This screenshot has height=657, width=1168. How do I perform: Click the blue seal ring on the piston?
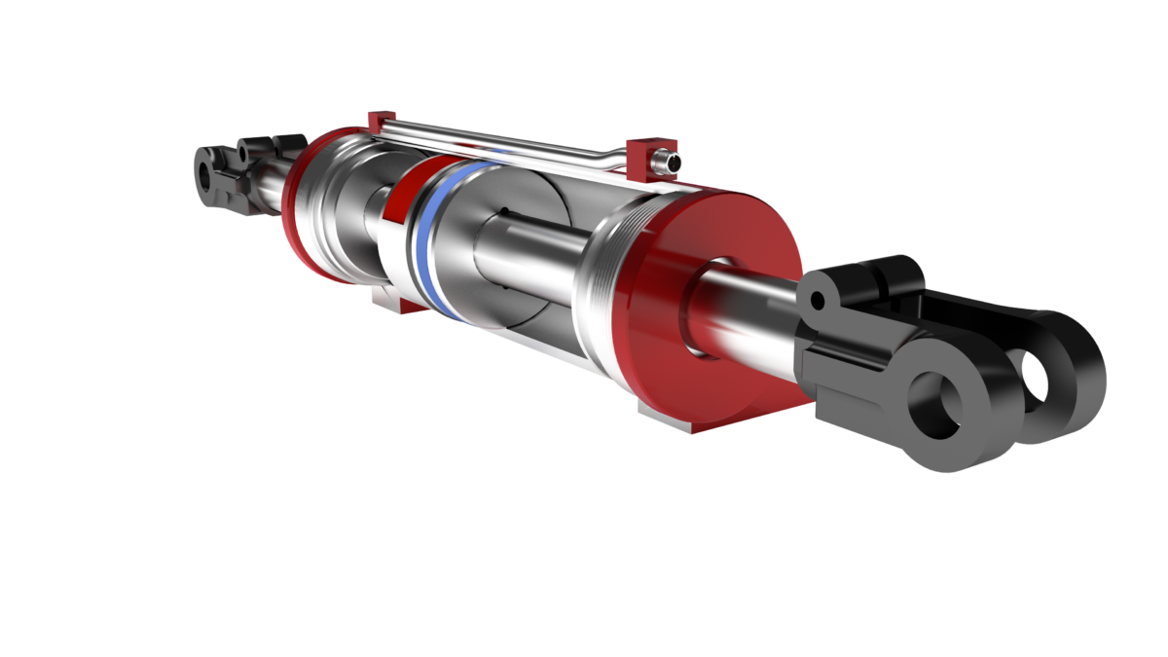pyautogui.click(x=424, y=243)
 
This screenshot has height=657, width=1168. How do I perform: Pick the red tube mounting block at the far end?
pyautogui.click(x=380, y=119)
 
